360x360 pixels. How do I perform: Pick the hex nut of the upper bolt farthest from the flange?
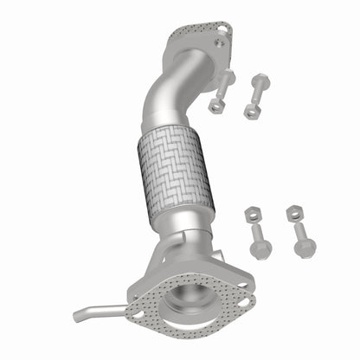(253, 111)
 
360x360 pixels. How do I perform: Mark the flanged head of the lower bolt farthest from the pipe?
(305, 247)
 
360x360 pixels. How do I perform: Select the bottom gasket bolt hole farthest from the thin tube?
(245, 303)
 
